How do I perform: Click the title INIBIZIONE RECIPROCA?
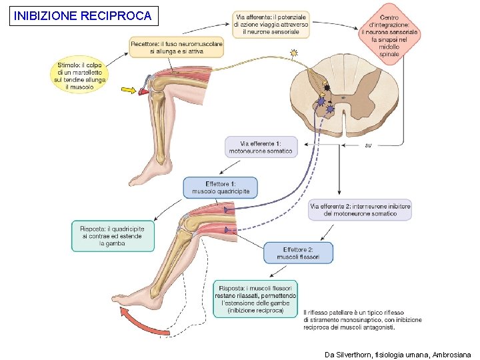click(x=83, y=15)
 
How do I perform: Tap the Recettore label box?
click(x=177, y=47)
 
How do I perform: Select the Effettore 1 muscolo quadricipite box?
click(x=220, y=187)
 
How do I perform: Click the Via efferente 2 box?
click(x=360, y=210)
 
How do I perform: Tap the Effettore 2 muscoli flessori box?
click(x=298, y=253)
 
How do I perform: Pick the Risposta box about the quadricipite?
click(x=113, y=236)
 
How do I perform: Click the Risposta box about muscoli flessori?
click(x=255, y=299)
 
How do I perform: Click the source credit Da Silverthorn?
click(x=398, y=354)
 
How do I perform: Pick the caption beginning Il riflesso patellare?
click(x=362, y=319)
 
